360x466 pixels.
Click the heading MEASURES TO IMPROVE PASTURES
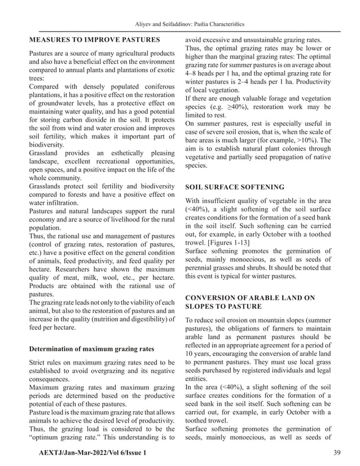click(x=94, y=39)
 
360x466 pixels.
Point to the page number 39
click(x=337, y=453)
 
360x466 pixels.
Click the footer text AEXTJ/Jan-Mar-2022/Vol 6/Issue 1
click(x=93, y=453)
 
